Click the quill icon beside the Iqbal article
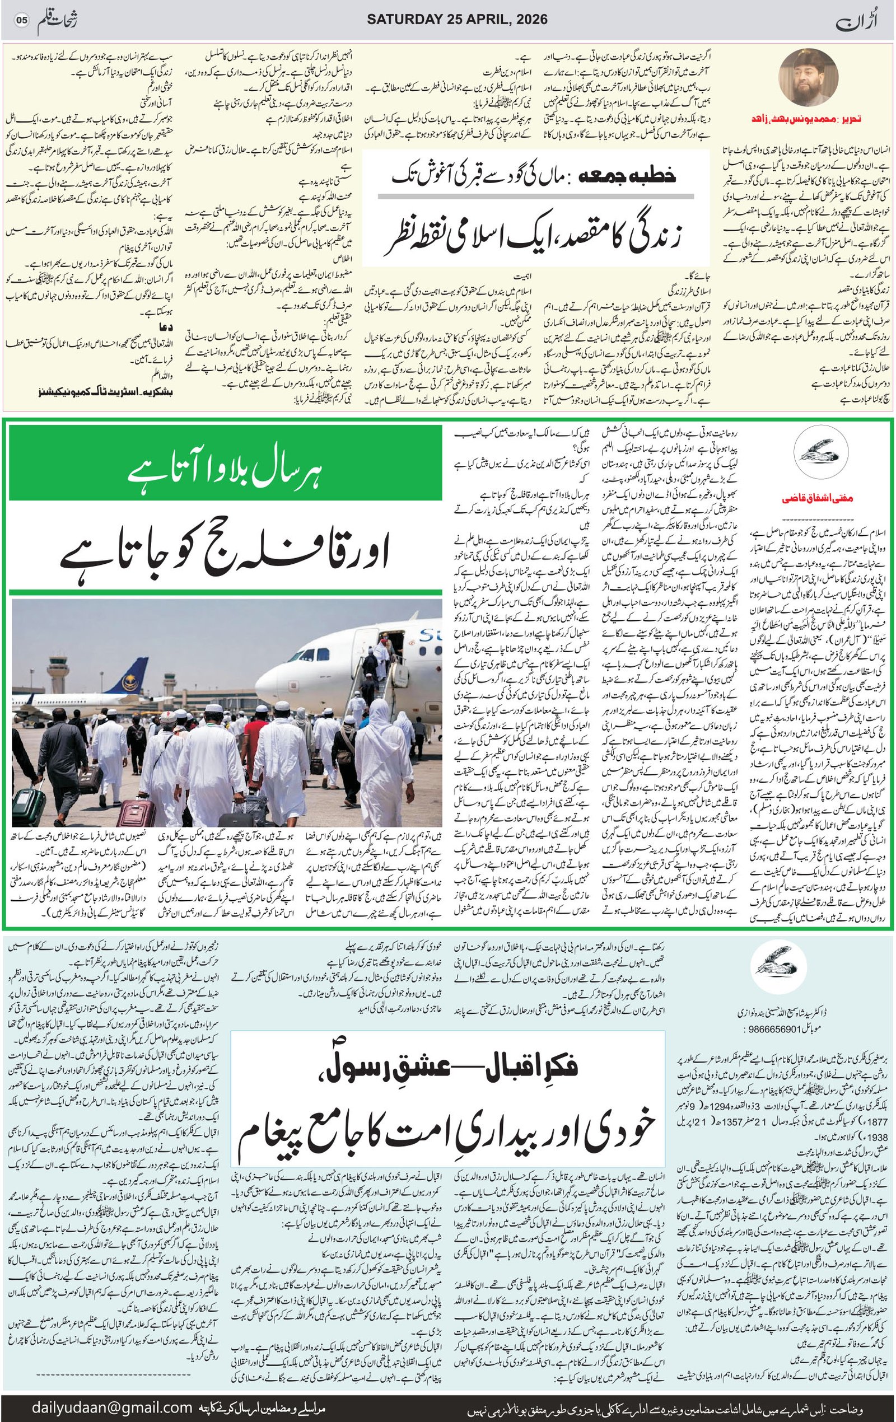(x=774, y=976)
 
